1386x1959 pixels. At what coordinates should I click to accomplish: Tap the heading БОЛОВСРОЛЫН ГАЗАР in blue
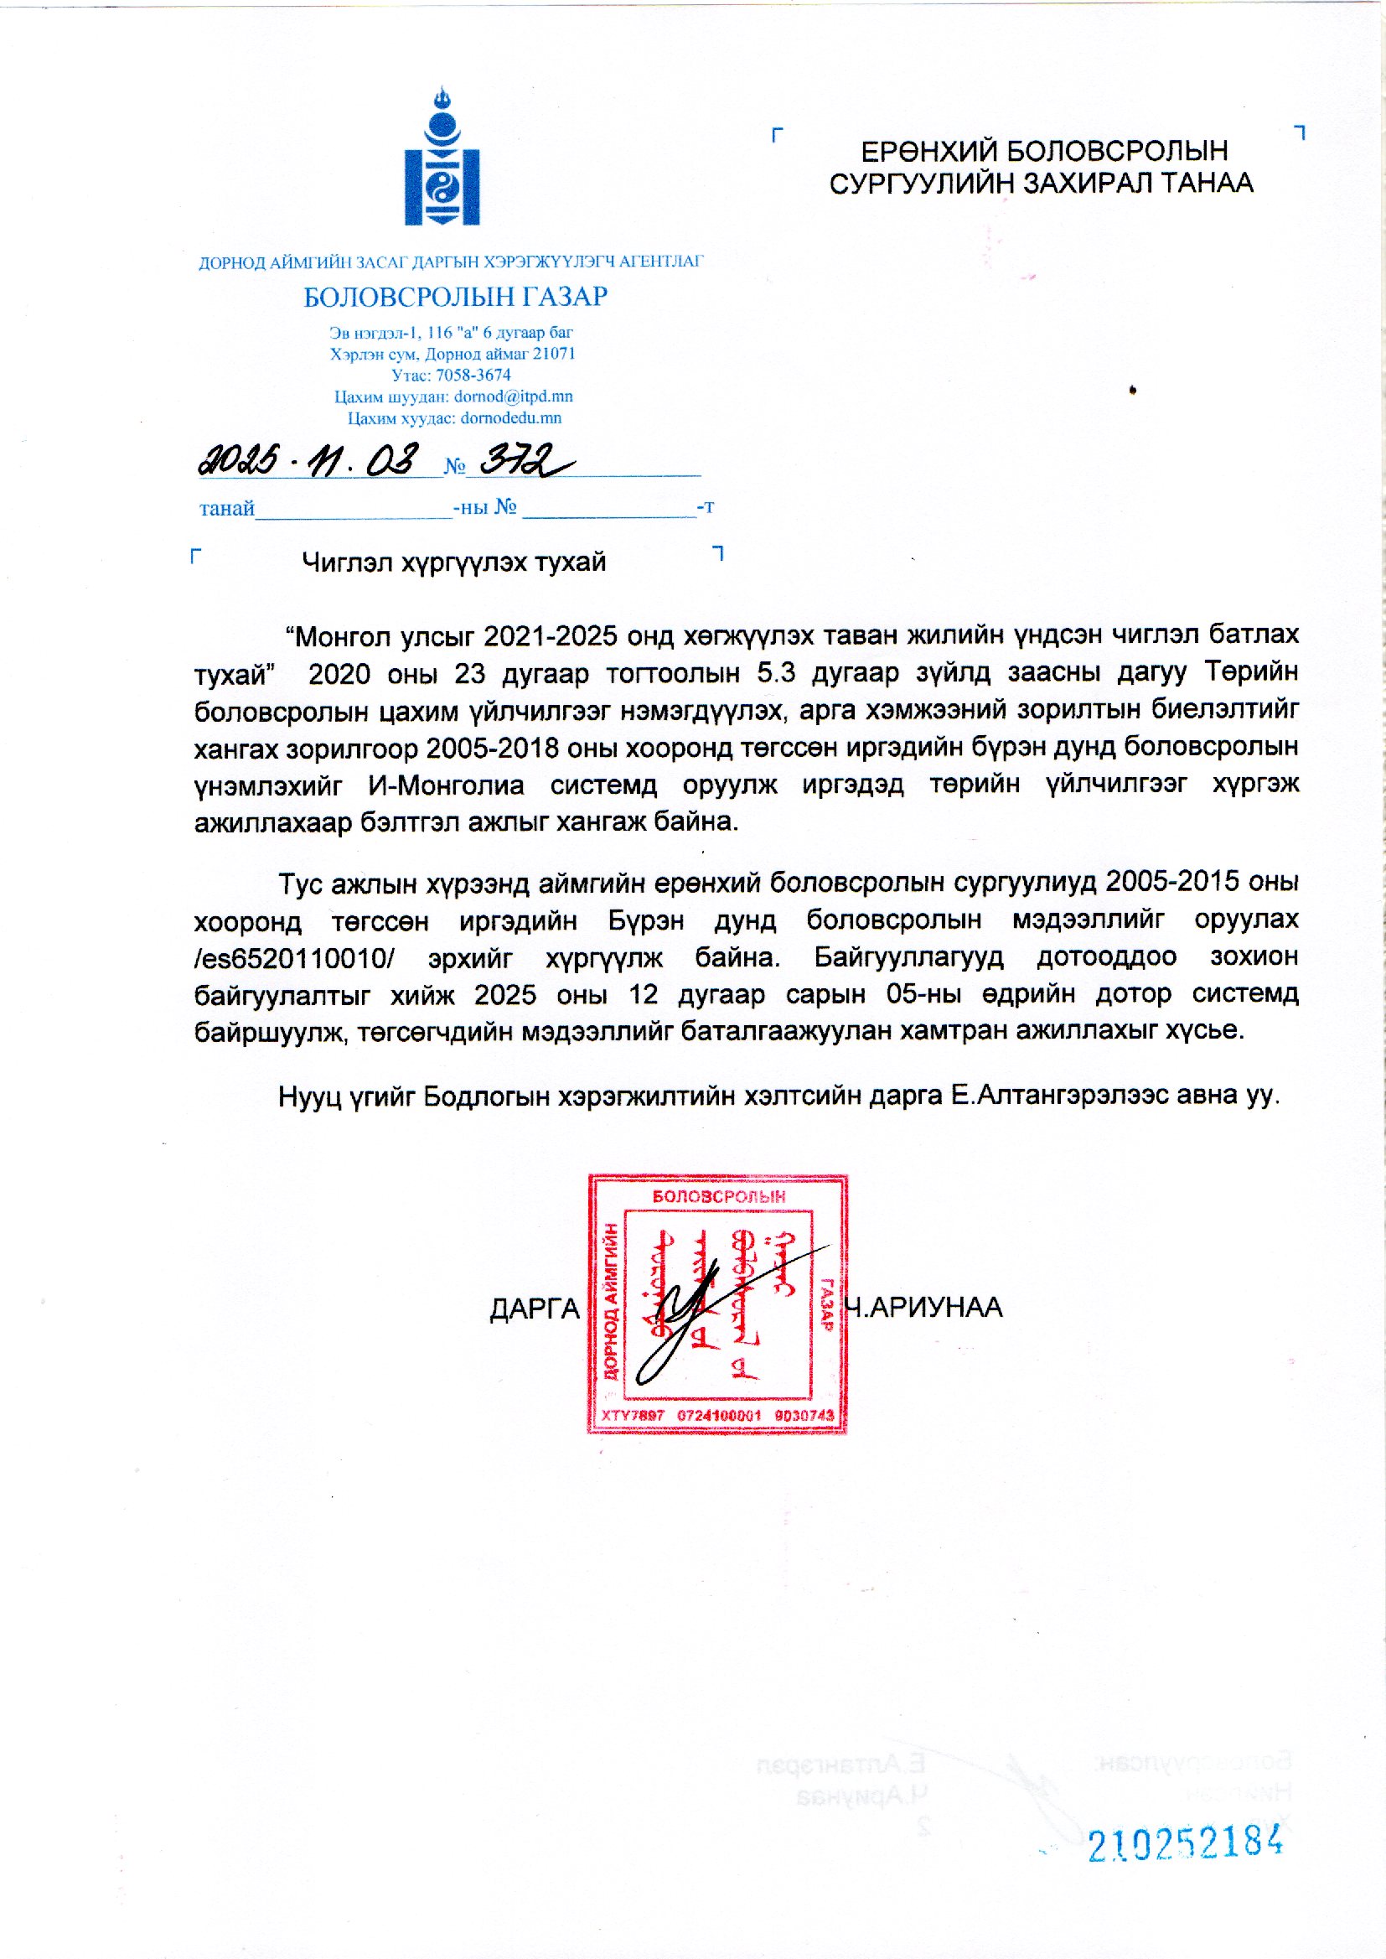(x=455, y=297)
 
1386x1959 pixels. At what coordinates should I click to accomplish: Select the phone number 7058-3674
(x=473, y=375)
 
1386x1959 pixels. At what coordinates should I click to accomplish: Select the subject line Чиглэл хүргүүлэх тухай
(x=453, y=562)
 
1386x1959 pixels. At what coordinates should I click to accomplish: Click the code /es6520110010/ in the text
(x=294, y=958)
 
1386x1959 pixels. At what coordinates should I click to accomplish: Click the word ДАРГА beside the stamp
(x=535, y=1309)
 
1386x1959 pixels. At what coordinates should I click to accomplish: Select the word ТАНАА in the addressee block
(x=1204, y=183)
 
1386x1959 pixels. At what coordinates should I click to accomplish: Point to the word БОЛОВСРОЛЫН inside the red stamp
(x=719, y=1197)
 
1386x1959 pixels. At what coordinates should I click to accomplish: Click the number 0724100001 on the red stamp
(x=719, y=1415)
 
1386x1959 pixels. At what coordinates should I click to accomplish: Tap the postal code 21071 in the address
(x=554, y=354)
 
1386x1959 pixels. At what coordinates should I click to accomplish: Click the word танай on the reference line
(x=227, y=509)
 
